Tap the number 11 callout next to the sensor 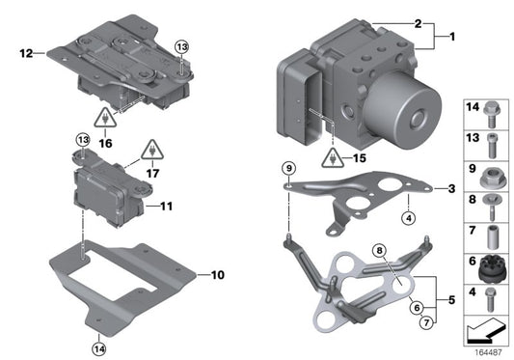pyautogui.click(x=167, y=206)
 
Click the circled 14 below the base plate pyautogui.click(x=98, y=347)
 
